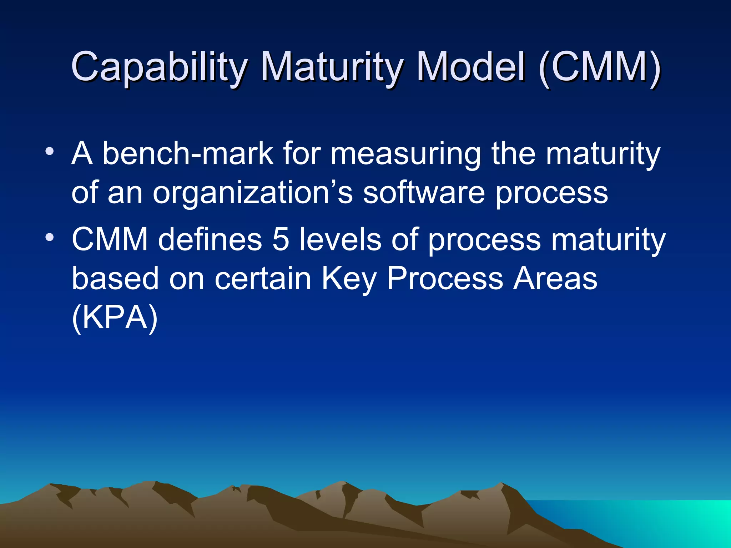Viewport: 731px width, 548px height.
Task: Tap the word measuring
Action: point(405,154)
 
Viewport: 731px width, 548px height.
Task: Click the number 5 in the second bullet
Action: point(281,239)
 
